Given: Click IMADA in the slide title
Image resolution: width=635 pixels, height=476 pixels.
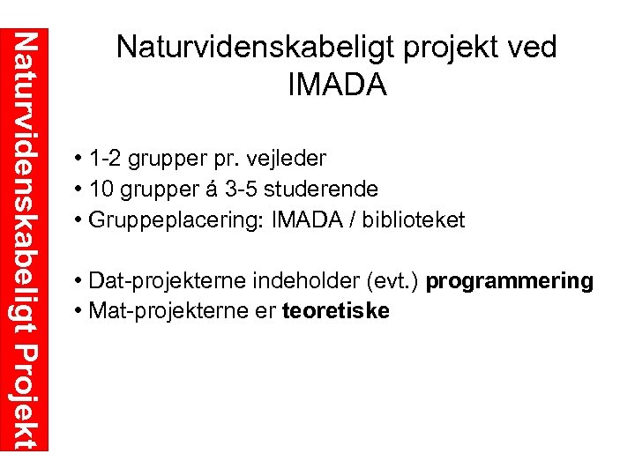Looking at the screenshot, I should click(x=337, y=86).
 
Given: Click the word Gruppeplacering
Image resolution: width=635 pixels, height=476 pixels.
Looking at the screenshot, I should click(x=165, y=219).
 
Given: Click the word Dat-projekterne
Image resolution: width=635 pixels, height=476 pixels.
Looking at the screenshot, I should click(x=166, y=281).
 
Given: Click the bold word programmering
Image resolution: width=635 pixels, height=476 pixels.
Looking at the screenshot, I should click(x=510, y=281).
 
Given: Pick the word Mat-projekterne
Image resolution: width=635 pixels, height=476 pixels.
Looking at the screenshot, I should click(x=168, y=311).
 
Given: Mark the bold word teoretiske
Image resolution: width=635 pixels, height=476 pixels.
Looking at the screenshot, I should click(x=335, y=311).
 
